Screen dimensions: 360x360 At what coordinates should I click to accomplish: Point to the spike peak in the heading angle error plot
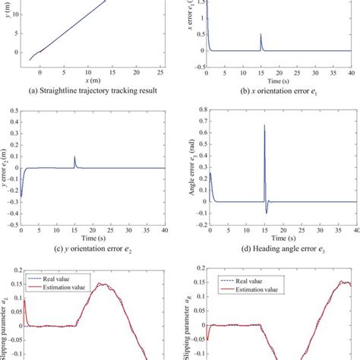(x=264, y=125)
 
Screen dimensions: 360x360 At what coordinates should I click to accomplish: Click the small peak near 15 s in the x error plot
(x=261, y=35)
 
